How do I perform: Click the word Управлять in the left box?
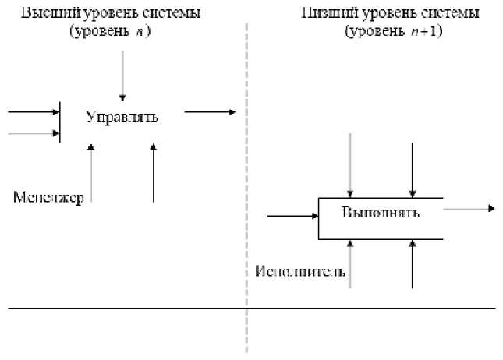coord(122,118)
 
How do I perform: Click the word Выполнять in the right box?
coord(381,211)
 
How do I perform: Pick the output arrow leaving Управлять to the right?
coord(209,112)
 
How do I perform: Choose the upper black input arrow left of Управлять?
coord(34,112)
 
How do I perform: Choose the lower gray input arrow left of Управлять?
coord(34,133)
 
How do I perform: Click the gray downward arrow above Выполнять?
coord(351,164)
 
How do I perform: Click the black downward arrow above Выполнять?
coord(413,164)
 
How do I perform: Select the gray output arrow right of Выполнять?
coord(469,208)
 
